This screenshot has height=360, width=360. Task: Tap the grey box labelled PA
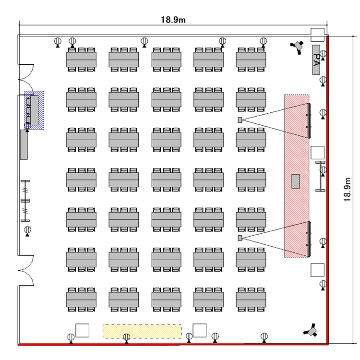click(316, 60)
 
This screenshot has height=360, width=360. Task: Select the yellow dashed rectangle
click(142, 331)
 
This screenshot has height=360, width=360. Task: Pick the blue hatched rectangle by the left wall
click(34, 110)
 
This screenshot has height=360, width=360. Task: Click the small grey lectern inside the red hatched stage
click(296, 181)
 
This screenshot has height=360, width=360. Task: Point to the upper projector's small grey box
click(240, 120)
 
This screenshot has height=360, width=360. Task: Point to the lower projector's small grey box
click(240, 238)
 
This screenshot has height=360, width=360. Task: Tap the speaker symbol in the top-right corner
click(299, 46)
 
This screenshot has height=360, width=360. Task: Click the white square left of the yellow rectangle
click(83, 330)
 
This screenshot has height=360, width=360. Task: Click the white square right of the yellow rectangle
click(199, 330)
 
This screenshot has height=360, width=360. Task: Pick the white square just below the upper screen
click(317, 153)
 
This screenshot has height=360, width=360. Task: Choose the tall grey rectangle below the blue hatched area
click(24, 144)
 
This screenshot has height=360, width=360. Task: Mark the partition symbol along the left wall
click(25, 200)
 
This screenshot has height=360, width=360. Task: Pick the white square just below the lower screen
click(317, 270)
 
